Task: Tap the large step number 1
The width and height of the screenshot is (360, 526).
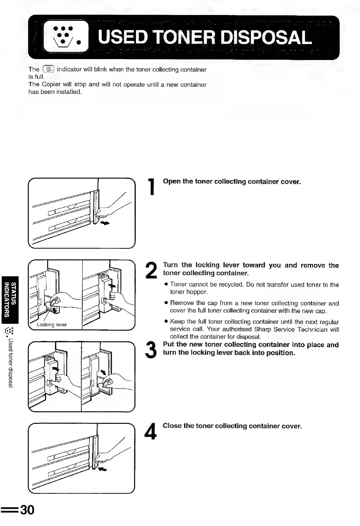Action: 152,187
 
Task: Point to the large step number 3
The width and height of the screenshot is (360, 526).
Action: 152,350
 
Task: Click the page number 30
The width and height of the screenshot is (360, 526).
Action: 27,510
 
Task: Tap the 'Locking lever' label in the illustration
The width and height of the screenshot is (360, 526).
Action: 52,325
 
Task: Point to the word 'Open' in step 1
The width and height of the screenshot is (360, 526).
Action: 172,182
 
